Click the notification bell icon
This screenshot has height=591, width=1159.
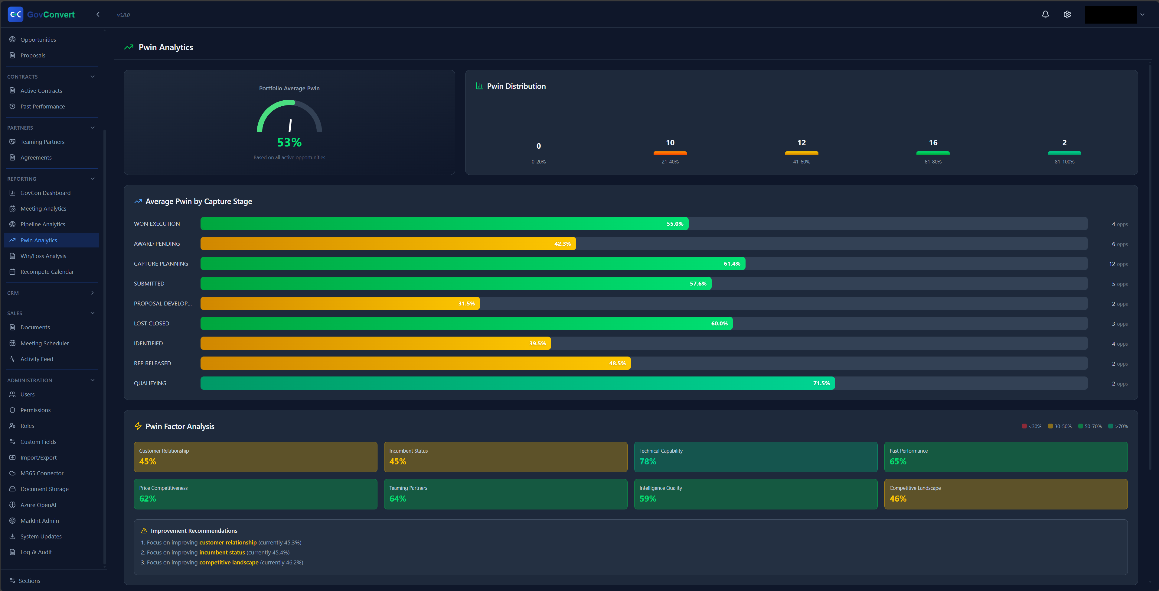1045,15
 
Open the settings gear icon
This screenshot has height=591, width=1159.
1067,15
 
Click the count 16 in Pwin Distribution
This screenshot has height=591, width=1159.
933,143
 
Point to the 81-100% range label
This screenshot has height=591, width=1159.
1064,162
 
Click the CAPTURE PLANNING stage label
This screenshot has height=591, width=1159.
161,264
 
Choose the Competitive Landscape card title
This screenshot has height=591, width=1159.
915,488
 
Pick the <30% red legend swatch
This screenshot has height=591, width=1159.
1024,426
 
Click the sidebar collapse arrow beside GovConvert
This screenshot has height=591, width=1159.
98,15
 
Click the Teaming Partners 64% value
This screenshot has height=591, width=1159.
397,499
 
